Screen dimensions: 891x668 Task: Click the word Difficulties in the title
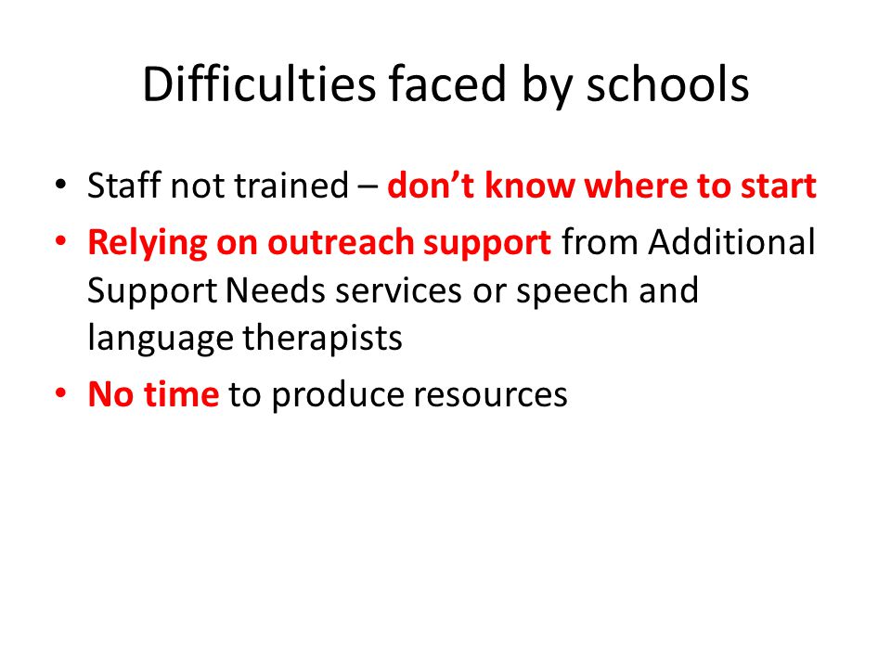259,84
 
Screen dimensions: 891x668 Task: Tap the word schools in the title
667,84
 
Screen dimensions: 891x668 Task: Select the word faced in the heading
447,84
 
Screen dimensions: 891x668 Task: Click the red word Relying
148,243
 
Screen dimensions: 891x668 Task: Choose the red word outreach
341,242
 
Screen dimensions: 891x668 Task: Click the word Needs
276,290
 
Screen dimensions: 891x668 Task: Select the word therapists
322,340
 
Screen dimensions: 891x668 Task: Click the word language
161,340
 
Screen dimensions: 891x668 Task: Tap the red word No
110,394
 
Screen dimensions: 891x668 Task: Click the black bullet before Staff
61,185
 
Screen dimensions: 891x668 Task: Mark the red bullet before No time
61,393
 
